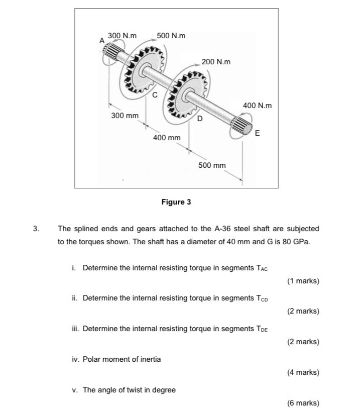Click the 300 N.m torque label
(x=123, y=36)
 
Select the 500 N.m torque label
(x=171, y=36)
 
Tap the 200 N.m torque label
(x=216, y=62)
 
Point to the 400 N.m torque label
(x=257, y=106)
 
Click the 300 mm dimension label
(x=125, y=116)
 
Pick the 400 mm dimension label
(x=167, y=138)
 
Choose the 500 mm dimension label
(x=212, y=165)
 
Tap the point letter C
(x=155, y=94)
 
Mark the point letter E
(x=258, y=133)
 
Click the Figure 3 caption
(x=176, y=202)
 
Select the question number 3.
(x=36, y=229)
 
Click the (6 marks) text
(x=303, y=403)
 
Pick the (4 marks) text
(x=303, y=372)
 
